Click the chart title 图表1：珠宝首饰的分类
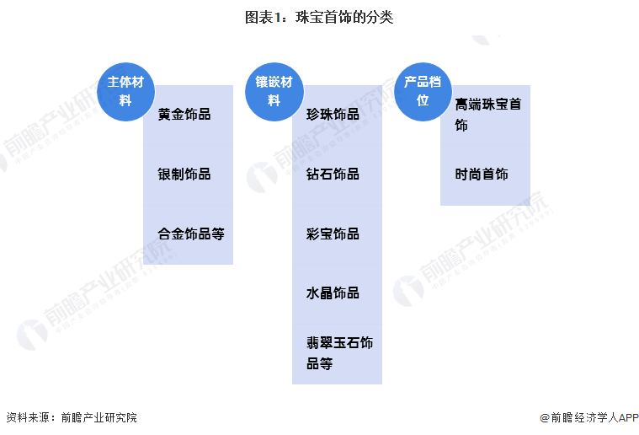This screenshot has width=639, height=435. pos(319,17)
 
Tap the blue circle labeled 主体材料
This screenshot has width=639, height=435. pos(126,92)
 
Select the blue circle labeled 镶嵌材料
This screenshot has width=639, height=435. pos(274,92)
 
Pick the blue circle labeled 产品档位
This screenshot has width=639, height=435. pos(423,92)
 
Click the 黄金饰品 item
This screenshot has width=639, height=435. pos(184,115)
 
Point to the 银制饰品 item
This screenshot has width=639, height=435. pos(184,175)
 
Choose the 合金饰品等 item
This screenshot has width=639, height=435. pos(191,234)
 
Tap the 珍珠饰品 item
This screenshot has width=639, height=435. pos(333,115)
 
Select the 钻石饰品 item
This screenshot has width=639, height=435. pos(333,175)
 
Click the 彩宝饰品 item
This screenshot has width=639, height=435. pos(333,234)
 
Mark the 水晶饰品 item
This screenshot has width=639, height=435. pos(333,293)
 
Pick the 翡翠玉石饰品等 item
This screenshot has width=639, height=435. pos(340,353)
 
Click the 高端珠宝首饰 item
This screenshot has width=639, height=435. pos(488,115)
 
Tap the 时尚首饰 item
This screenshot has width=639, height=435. pos(482,175)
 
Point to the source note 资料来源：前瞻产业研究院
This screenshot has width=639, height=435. pos(72,417)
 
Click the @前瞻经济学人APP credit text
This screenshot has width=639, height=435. pos(589,417)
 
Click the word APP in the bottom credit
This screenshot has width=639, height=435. pos(629,417)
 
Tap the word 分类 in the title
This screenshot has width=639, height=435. pos(380,17)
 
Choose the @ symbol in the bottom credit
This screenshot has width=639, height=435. pos(545,418)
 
